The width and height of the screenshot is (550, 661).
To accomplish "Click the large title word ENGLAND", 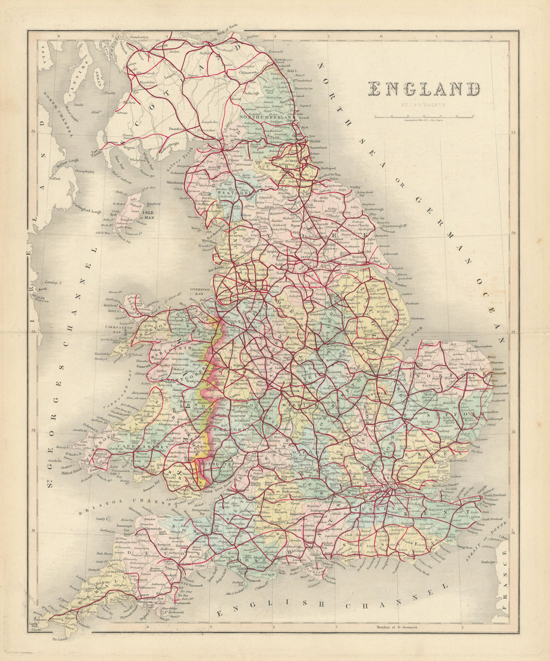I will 424,89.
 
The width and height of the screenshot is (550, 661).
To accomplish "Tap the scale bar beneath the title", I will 424,117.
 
